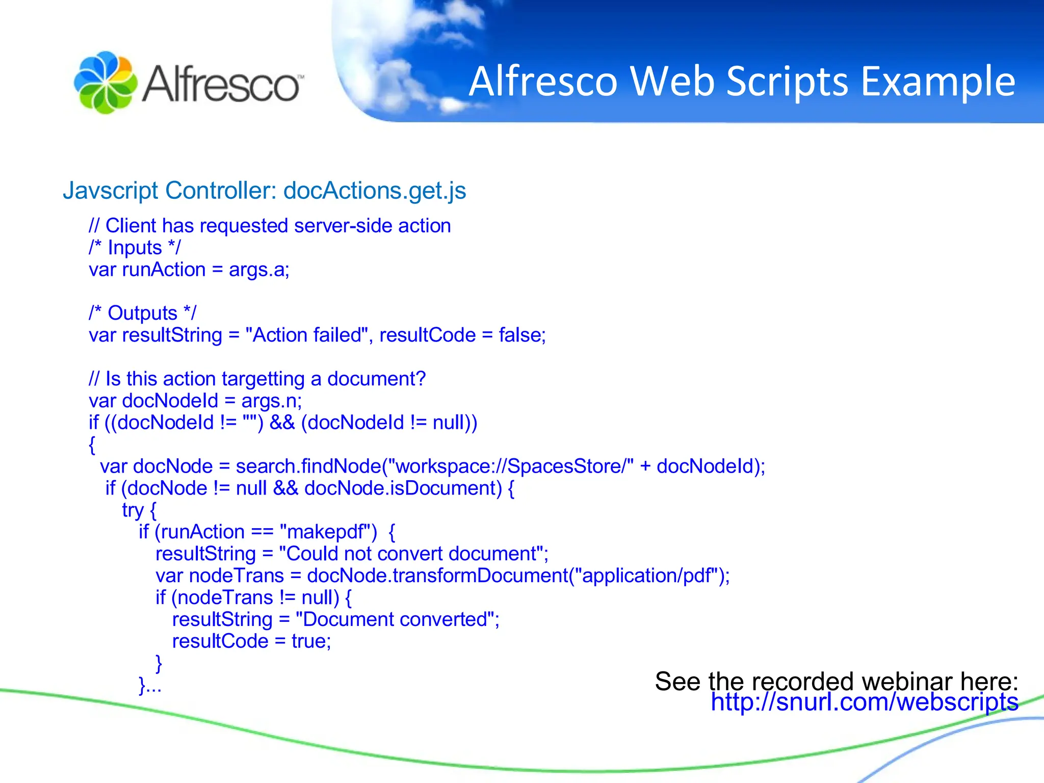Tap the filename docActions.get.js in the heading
[x=375, y=191]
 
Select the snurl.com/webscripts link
[x=865, y=702]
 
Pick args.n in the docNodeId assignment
[x=271, y=401]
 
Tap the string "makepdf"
[x=328, y=532]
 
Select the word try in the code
[x=133, y=510]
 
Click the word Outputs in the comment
[x=142, y=314]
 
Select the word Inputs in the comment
[x=135, y=248]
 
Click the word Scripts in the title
[x=787, y=82]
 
